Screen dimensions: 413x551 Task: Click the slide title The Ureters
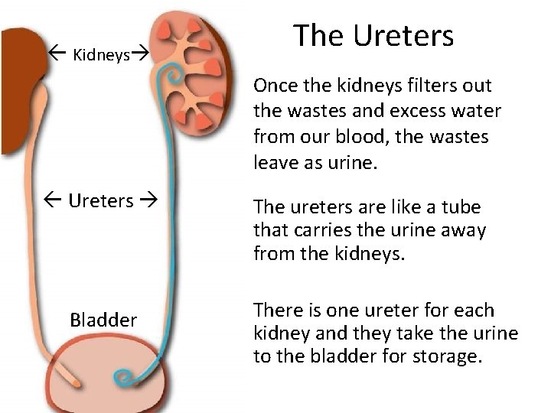(373, 36)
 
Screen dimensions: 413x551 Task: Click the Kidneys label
(101, 55)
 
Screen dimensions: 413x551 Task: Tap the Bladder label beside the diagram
(103, 319)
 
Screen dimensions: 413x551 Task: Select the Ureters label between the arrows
(101, 201)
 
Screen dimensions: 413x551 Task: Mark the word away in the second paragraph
(461, 229)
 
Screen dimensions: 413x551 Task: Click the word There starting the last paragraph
(278, 311)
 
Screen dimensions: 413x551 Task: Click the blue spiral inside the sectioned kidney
(173, 76)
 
